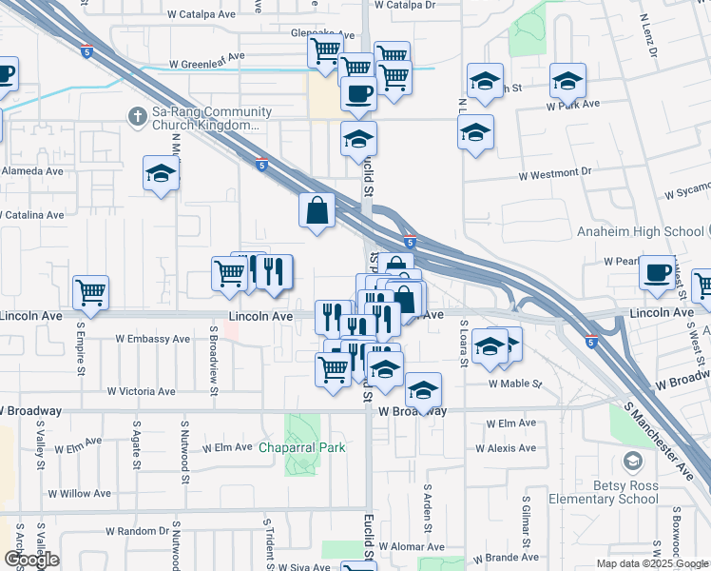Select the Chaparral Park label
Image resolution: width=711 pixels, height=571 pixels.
[303, 446]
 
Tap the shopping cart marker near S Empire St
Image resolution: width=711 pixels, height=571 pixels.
[90, 291]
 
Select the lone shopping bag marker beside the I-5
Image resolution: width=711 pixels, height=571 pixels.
[317, 209]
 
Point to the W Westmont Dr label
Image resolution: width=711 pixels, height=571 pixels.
[554, 175]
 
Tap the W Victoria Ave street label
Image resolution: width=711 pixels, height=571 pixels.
[141, 391]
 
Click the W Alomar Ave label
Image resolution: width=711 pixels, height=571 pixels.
[412, 547]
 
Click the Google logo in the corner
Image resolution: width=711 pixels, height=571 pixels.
[31, 560]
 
